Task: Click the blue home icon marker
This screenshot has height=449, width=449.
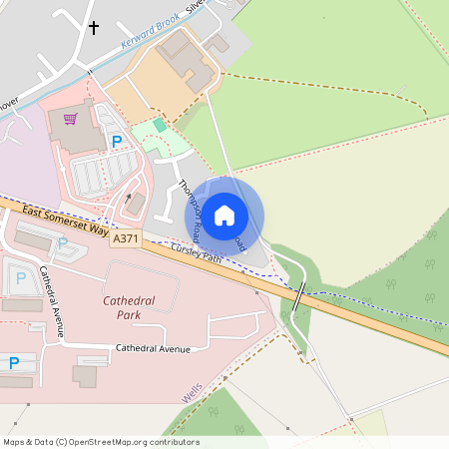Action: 224,216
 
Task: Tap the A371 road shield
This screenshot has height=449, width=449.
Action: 127,239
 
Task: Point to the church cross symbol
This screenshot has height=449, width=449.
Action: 95,27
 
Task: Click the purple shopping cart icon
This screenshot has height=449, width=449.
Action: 70,120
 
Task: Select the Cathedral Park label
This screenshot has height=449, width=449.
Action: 136,307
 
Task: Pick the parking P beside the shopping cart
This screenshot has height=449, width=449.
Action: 116,142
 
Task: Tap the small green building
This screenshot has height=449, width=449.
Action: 160,125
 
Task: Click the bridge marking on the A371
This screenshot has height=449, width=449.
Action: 299,297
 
